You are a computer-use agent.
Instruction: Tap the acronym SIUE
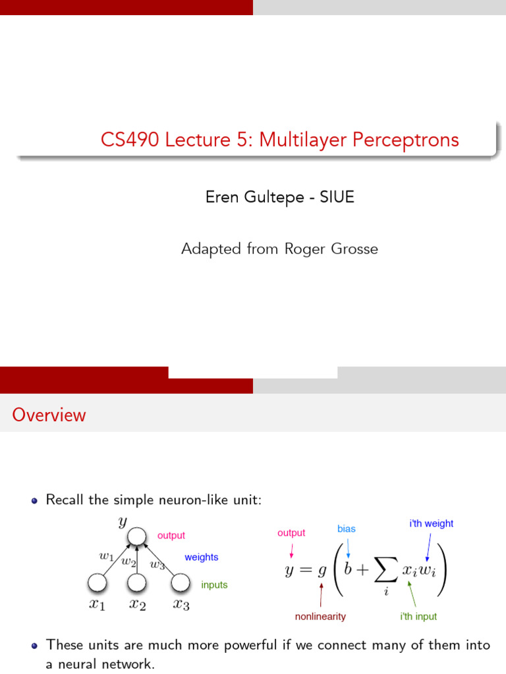[x=337, y=197]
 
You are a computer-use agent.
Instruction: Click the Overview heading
[x=49, y=415]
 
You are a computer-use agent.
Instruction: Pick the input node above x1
[x=97, y=583]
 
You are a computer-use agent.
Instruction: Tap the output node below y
[x=136, y=537]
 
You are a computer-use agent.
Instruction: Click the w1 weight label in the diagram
[x=106, y=556]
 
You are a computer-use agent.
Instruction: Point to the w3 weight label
[x=157, y=563]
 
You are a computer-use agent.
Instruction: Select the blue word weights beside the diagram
[x=201, y=557]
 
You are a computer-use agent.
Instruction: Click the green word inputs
[x=214, y=584]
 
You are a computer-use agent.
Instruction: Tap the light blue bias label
[x=347, y=529]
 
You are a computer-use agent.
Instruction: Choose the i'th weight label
[x=431, y=523]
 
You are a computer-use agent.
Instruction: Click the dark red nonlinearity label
[x=320, y=617]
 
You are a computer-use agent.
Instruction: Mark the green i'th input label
[x=418, y=617]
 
